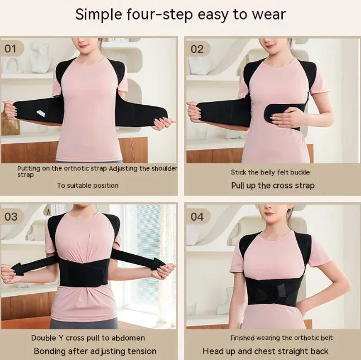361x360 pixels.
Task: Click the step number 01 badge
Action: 11,48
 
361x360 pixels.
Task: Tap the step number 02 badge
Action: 197,48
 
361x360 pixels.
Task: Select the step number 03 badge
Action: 11,217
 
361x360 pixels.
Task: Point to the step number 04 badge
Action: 197,216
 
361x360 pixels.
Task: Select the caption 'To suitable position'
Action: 87,185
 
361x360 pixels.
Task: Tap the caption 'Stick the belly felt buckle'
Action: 270,172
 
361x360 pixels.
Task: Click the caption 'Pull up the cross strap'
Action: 273,185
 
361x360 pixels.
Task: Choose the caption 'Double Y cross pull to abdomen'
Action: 88,338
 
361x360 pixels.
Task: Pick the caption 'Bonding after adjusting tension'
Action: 95,351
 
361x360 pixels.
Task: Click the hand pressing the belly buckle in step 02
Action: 287,116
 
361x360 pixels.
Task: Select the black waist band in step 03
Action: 84,273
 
